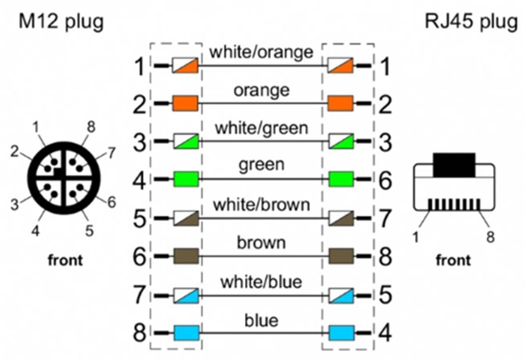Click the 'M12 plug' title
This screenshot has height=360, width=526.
[61, 22]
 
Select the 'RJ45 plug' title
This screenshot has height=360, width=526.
[471, 22]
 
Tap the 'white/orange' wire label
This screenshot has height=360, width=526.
[261, 52]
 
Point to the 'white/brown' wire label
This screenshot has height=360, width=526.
[261, 204]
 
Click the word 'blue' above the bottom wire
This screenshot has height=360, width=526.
[261, 320]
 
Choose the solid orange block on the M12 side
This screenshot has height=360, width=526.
[185, 103]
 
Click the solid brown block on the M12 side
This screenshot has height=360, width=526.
[186, 256]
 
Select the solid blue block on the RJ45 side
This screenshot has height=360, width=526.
[342, 333]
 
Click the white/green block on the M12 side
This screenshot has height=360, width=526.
[186, 141]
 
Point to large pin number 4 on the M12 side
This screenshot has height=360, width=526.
[140, 180]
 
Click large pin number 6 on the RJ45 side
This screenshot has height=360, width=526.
[385, 180]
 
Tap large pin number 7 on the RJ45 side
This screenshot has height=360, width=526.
[385, 219]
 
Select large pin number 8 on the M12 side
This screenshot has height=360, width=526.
[140, 333]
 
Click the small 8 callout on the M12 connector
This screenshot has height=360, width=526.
[91, 127]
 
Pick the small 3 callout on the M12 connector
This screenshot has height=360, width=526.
[14, 204]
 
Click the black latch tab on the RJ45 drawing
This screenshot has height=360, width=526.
[454, 165]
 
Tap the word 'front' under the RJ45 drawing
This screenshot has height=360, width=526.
[453, 260]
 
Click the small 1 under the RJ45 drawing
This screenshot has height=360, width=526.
[416, 237]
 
